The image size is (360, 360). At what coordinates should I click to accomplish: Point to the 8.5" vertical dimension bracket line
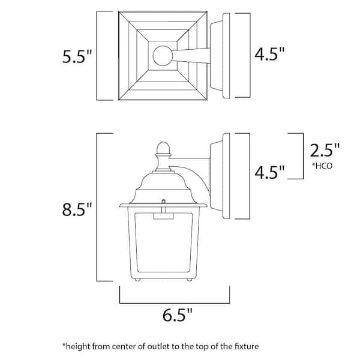point(98,207)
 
